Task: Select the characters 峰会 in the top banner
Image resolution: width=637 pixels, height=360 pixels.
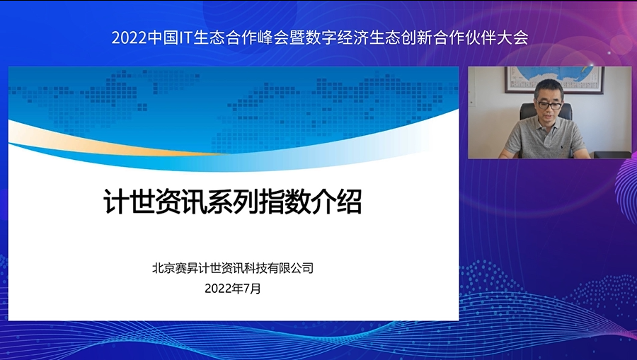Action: tap(273, 37)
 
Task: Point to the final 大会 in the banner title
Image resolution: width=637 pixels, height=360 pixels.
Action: tap(513, 37)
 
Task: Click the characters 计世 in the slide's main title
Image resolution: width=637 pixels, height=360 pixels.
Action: tap(130, 201)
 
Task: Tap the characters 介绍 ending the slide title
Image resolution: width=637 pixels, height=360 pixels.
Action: tap(336, 201)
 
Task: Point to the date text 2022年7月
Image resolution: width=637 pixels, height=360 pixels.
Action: tap(233, 289)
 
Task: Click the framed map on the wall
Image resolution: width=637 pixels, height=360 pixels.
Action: tap(554, 80)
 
